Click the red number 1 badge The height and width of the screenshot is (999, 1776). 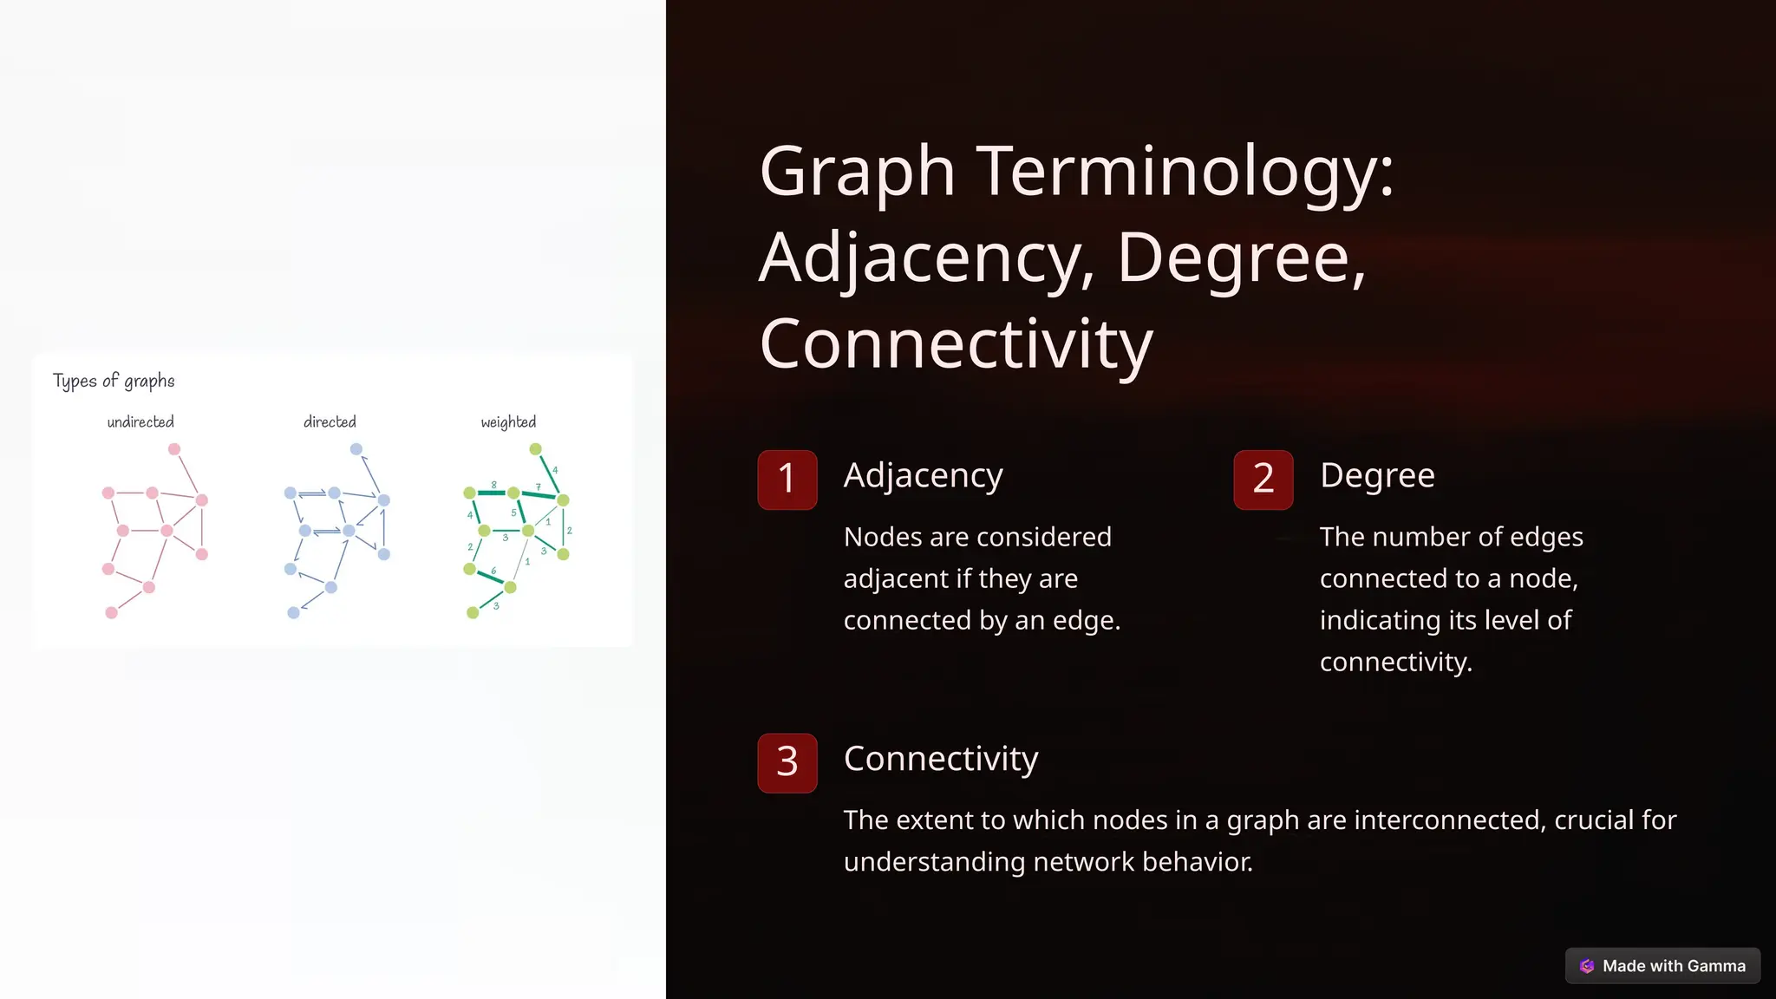tap(787, 479)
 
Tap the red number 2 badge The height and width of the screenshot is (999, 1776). tap(1263, 479)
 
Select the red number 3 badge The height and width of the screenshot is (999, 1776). tap(787, 762)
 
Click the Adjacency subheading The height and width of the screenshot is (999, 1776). tap(923, 475)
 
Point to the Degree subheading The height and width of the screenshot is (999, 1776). tap(1377, 475)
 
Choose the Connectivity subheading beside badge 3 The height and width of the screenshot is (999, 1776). tap(941, 759)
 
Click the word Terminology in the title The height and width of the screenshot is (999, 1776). tap(1185, 171)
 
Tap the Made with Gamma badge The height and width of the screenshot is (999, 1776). tap(1662, 965)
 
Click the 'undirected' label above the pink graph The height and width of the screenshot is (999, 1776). tap(140, 422)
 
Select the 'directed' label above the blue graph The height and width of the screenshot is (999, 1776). tap(330, 422)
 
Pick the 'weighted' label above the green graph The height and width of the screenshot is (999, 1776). tap(508, 422)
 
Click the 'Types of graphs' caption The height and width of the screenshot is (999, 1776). tap(114, 381)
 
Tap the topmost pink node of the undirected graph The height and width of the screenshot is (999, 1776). tap(174, 449)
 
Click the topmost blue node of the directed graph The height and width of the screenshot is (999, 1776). tap(356, 449)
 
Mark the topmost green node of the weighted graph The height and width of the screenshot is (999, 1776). tap(536, 449)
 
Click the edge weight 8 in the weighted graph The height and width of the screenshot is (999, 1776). tap(493, 485)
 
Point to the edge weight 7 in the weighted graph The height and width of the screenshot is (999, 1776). tap(539, 486)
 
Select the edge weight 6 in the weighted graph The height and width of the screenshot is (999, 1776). tap(493, 571)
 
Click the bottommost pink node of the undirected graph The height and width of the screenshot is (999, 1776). tap(112, 612)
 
